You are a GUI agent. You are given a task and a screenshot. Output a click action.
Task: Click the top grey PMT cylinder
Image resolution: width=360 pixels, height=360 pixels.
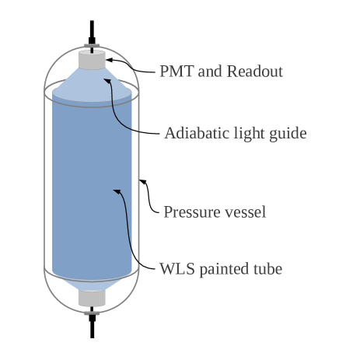click(x=92, y=61)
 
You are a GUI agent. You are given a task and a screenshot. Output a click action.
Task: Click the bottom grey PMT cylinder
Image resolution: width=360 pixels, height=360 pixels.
click(x=92, y=298)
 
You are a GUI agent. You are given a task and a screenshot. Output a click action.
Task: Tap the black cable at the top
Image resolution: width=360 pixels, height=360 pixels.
click(x=92, y=31)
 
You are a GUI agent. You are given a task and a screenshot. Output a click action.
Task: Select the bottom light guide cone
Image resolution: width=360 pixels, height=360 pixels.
click(x=92, y=283)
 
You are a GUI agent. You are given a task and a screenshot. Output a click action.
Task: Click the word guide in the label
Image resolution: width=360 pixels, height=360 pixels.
click(x=287, y=134)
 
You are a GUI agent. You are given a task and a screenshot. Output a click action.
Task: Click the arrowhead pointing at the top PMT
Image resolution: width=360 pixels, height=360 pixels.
click(x=110, y=59)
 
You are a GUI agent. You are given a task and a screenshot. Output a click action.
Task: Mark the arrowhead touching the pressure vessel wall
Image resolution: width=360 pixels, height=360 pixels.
click(x=142, y=182)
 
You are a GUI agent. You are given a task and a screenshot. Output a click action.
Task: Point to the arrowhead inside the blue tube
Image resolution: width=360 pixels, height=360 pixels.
click(x=117, y=189)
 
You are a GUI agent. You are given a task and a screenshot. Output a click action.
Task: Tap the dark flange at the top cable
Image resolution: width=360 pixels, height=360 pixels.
click(x=92, y=45)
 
